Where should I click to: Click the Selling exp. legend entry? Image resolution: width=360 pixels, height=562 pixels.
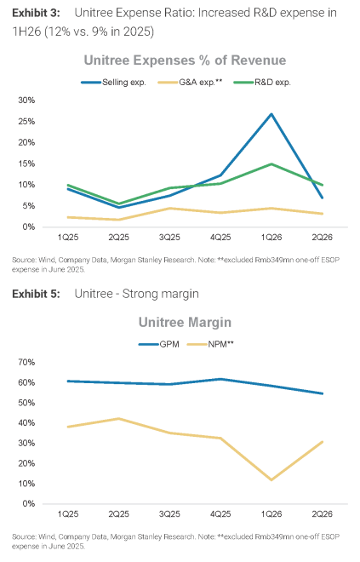click(113, 83)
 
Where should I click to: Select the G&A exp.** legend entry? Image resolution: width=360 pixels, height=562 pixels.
click(190, 83)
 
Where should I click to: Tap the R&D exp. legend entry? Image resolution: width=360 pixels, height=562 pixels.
click(262, 83)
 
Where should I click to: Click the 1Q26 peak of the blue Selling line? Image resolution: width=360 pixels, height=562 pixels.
click(271, 114)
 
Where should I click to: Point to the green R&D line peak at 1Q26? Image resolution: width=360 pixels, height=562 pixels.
click(271, 164)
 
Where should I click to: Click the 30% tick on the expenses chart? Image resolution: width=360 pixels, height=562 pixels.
click(26, 100)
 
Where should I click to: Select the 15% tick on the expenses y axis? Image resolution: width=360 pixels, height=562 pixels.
click(26, 163)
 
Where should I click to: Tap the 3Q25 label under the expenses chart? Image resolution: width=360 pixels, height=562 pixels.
click(169, 238)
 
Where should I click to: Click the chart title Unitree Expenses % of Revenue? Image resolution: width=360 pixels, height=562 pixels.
click(185, 60)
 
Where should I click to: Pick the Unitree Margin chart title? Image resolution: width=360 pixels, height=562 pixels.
click(185, 322)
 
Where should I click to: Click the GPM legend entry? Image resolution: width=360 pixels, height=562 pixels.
click(158, 345)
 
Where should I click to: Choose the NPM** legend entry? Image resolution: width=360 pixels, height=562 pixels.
click(210, 345)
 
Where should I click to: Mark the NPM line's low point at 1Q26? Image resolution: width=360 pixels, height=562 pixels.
click(271, 479)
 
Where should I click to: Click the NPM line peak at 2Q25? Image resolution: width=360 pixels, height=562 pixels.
click(118, 419)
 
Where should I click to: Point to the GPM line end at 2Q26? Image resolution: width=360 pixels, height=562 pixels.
click(323, 393)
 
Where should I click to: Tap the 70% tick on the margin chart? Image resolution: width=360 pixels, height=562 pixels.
click(26, 363)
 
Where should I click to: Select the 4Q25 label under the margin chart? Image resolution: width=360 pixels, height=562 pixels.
click(220, 514)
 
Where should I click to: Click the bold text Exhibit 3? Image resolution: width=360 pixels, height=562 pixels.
click(37, 14)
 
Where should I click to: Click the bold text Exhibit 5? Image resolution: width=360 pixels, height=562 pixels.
click(37, 294)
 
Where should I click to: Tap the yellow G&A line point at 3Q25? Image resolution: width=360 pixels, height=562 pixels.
click(169, 209)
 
